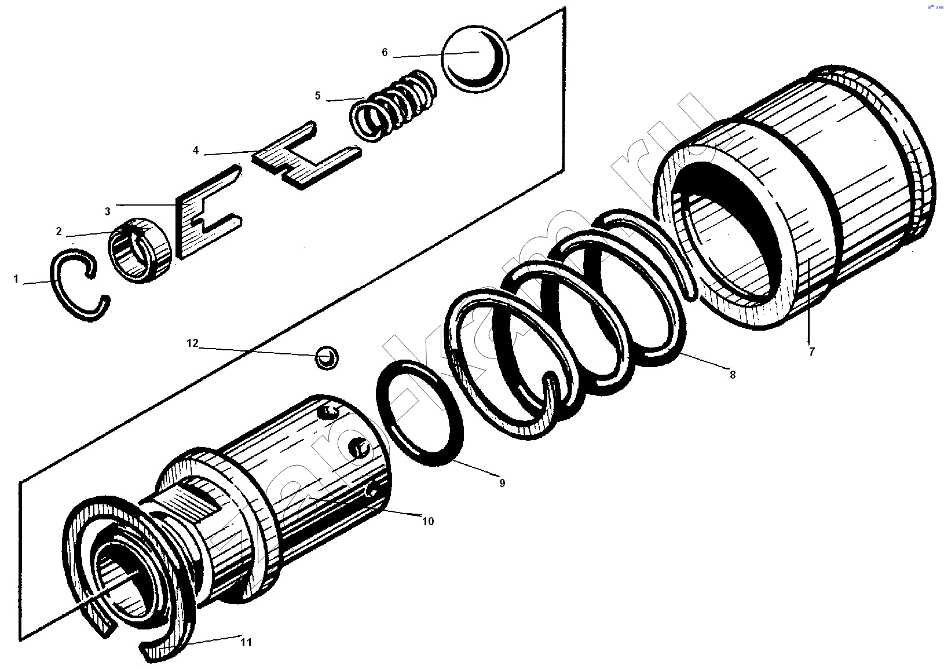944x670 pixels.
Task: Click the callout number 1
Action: [x=16, y=279]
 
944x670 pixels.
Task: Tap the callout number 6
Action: [x=385, y=52]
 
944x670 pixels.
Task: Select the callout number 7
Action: [x=812, y=352]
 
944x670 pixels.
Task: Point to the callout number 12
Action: [x=192, y=343]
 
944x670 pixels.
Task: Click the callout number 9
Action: [x=502, y=483]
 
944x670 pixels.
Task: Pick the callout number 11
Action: [x=246, y=642]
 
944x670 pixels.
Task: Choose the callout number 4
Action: [x=196, y=150]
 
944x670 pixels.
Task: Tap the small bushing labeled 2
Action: [x=139, y=250]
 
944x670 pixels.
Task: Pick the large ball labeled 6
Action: [x=475, y=59]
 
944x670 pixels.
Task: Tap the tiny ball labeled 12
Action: [x=327, y=358]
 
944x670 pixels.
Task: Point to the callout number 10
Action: [x=428, y=521]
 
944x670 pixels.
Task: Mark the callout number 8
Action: [x=733, y=375]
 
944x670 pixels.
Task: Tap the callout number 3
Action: [x=108, y=211]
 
